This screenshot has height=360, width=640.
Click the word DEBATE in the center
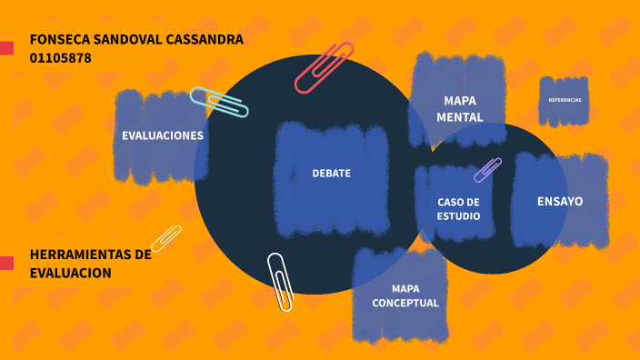(x=331, y=173)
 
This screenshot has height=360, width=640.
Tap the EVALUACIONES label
(x=163, y=135)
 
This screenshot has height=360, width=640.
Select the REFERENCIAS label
(x=565, y=100)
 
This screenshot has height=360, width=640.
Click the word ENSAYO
(x=560, y=201)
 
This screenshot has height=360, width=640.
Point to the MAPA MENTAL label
(x=459, y=109)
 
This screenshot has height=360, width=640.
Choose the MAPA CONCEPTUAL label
(x=405, y=295)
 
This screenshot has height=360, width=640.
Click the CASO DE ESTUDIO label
(x=458, y=208)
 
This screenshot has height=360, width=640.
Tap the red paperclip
(x=324, y=67)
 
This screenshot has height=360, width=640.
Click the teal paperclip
(x=219, y=103)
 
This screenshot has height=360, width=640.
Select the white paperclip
(x=281, y=281)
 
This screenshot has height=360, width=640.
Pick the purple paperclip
(x=488, y=170)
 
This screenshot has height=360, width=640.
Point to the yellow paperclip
(x=166, y=238)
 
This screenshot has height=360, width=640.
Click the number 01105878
(x=60, y=58)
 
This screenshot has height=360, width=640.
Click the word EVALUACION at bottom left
(x=70, y=273)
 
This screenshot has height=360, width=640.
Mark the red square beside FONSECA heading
(x=6, y=47)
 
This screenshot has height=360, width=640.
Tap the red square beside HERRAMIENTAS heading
(x=6, y=263)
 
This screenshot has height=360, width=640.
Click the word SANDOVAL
(x=129, y=39)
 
